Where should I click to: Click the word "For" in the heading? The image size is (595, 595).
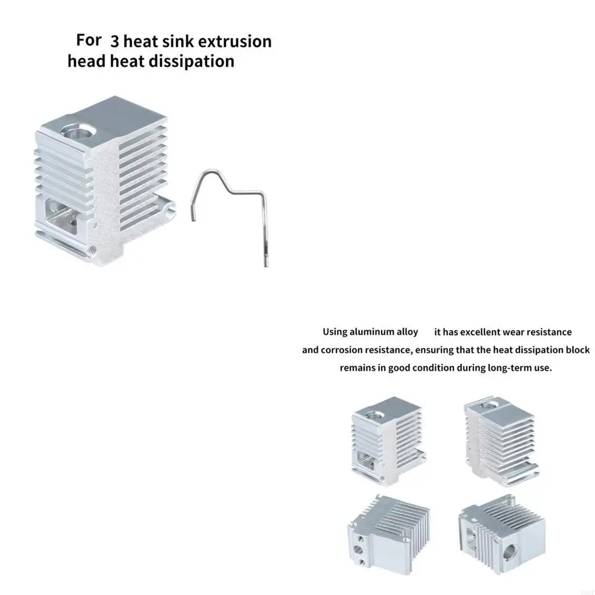pos(88,40)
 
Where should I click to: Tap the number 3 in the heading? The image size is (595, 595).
pos(114,42)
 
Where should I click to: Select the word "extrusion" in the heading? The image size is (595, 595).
pos(236,41)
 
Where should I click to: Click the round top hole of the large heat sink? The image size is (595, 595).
pos(79,131)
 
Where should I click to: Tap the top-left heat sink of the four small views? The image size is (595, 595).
pos(388,440)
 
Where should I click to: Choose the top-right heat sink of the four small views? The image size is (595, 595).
pos(501,442)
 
